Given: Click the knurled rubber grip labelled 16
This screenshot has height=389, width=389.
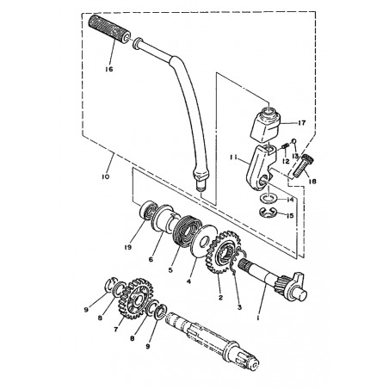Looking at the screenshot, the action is pyautogui.click(x=108, y=29).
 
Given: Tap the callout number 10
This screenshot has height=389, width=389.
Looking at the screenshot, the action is pyautogui.click(x=105, y=176).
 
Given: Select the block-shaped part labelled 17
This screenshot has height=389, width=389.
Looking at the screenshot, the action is pyautogui.click(x=266, y=125).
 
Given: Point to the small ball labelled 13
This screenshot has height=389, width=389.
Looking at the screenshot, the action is pyautogui.click(x=294, y=140).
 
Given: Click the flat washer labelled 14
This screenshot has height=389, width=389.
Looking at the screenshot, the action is pyautogui.click(x=267, y=198).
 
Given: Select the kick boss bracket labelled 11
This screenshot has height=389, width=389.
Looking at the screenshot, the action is pyautogui.click(x=261, y=169).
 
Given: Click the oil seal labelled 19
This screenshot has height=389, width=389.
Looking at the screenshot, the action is pyautogui.click(x=148, y=211).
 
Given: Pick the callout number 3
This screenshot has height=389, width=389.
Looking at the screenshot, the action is pyautogui.click(x=239, y=307).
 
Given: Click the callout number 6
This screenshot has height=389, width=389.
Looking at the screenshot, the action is pyautogui.click(x=151, y=260).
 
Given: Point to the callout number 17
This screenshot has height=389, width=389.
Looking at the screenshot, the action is pyautogui.click(x=302, y=123).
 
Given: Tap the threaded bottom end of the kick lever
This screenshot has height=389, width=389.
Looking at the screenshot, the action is pyautogui.click(x=201, y=188).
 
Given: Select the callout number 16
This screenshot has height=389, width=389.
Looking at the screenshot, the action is pyautogui.click(x=109, y=69).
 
